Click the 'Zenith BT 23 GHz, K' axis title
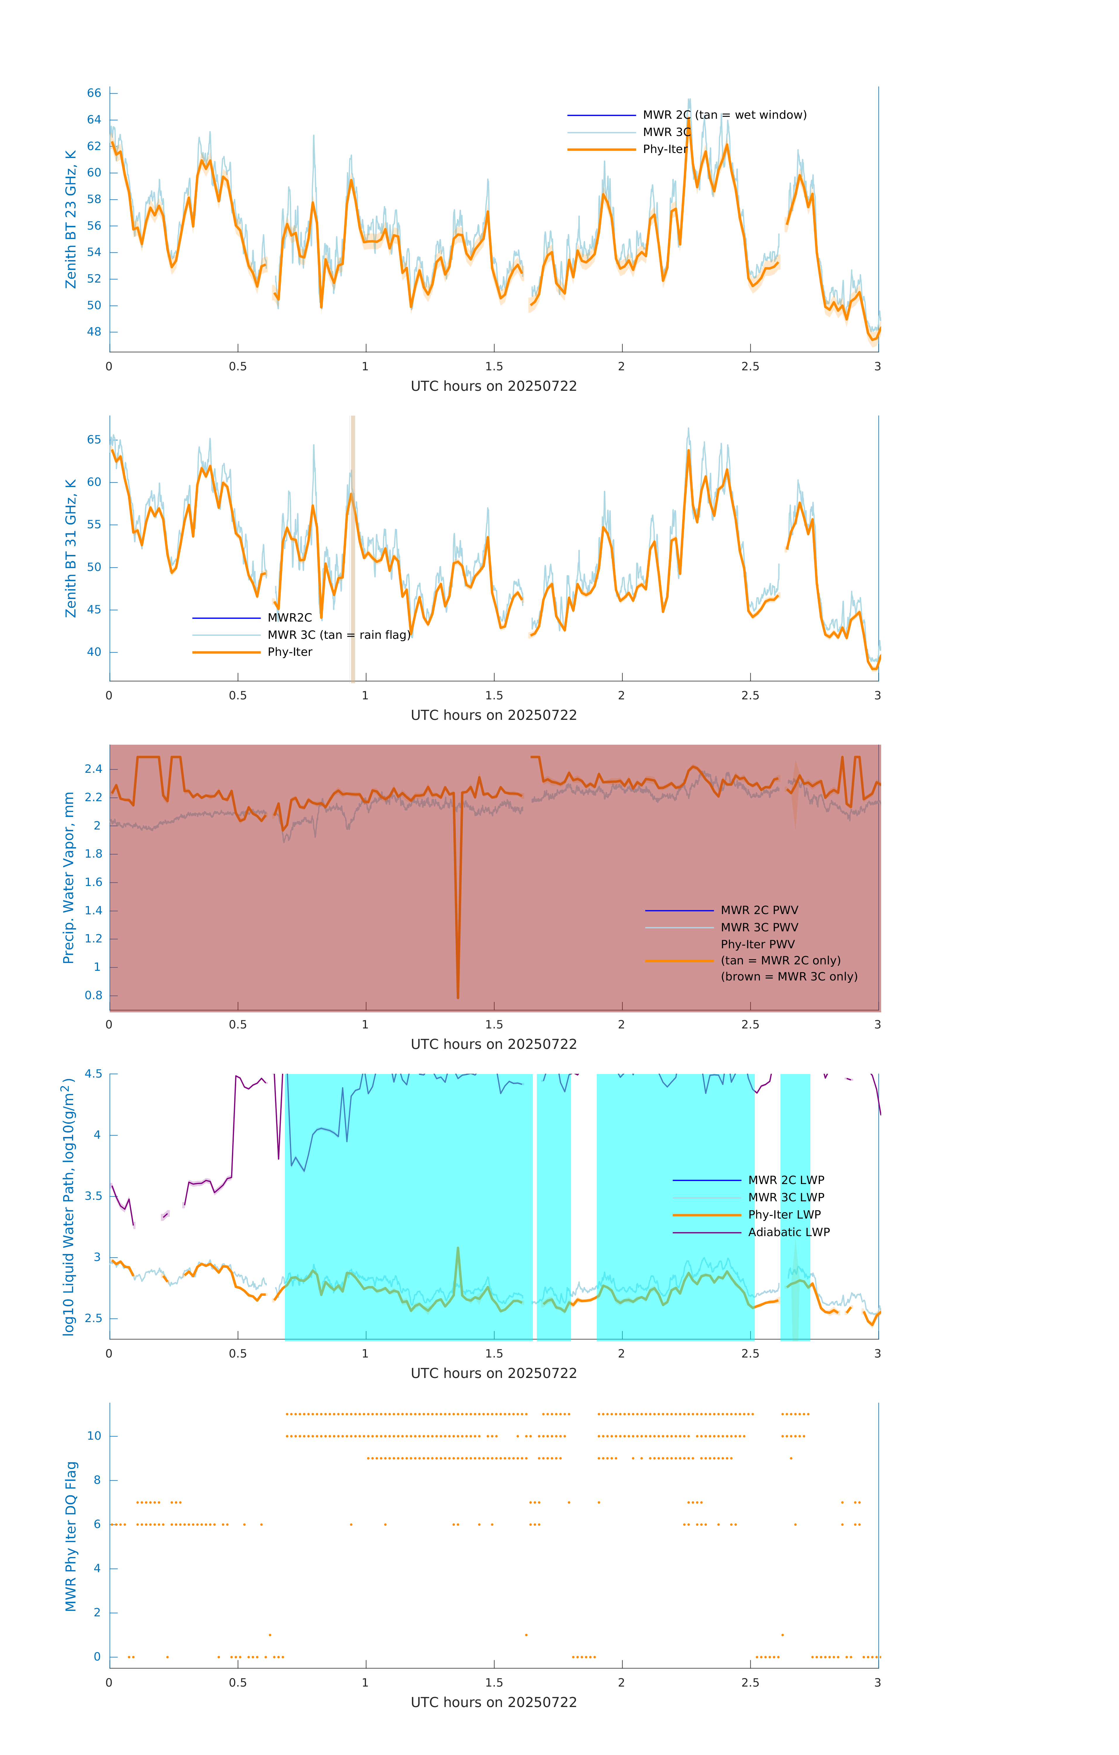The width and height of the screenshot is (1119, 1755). coord(71,219)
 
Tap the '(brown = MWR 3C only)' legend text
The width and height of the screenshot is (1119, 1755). coord(789,977)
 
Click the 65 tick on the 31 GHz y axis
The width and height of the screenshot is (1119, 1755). coord(94,439)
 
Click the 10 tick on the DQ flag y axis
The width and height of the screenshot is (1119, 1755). coord(94,1436)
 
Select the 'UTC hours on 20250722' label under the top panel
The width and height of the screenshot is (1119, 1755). coord(494,386)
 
